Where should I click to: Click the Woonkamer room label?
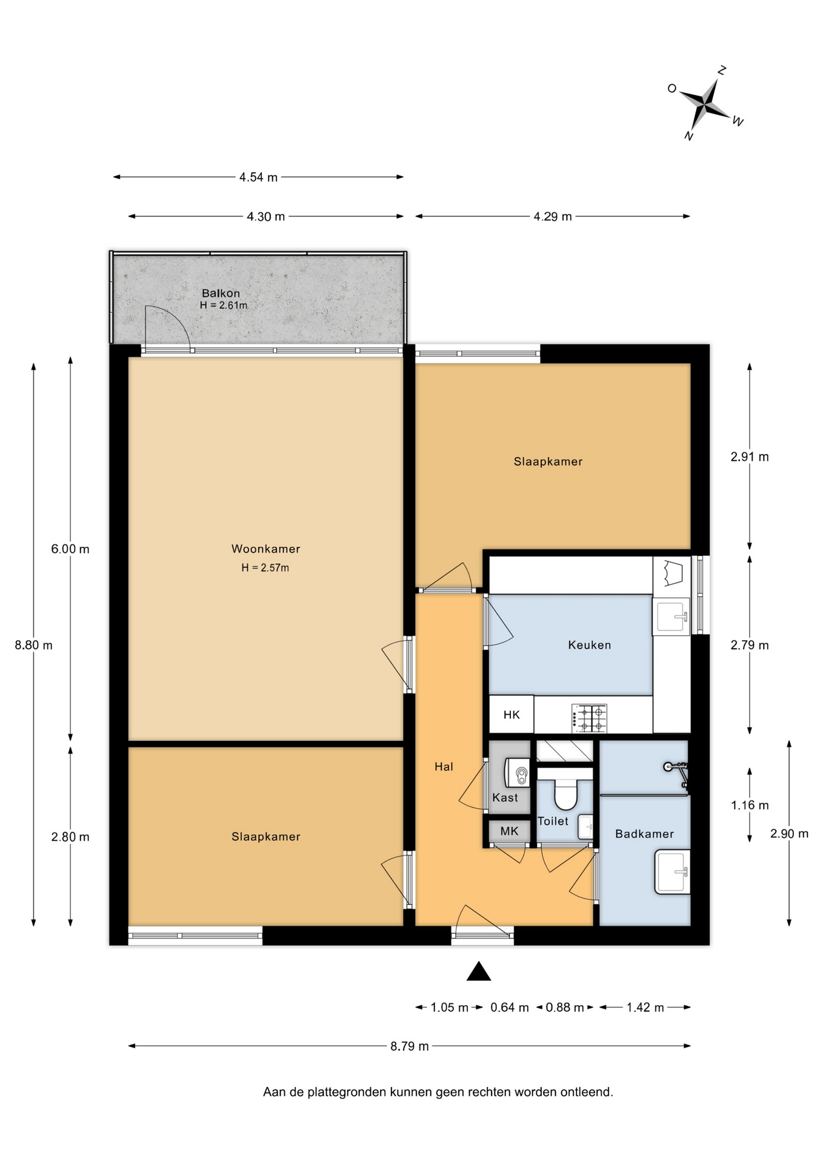click(265, 549)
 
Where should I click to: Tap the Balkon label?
click(221, 293)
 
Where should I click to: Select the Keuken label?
click(589, 645)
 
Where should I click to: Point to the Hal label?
click(444, 766)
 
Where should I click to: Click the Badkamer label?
click(644, 834)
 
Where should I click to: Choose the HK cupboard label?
click(511, 715)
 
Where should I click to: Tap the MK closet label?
click(509, 831)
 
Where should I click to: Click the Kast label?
click(505, 798)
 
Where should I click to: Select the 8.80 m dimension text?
click(34, 645)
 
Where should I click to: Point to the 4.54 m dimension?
click(258, 177)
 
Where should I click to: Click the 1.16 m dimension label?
click(750, 805)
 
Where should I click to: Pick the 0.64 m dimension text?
click(510, 1008)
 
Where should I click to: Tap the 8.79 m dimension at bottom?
click(410, 1046)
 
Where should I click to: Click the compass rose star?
click(705, 104)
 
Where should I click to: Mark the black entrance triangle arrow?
click(478, 971)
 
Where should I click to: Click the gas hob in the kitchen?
click(589, 718)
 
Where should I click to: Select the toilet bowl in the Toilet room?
click(565, 794)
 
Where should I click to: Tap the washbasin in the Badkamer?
click(672, 872)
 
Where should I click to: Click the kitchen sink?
click(671, 616)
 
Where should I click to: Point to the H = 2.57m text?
click(265, 568)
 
